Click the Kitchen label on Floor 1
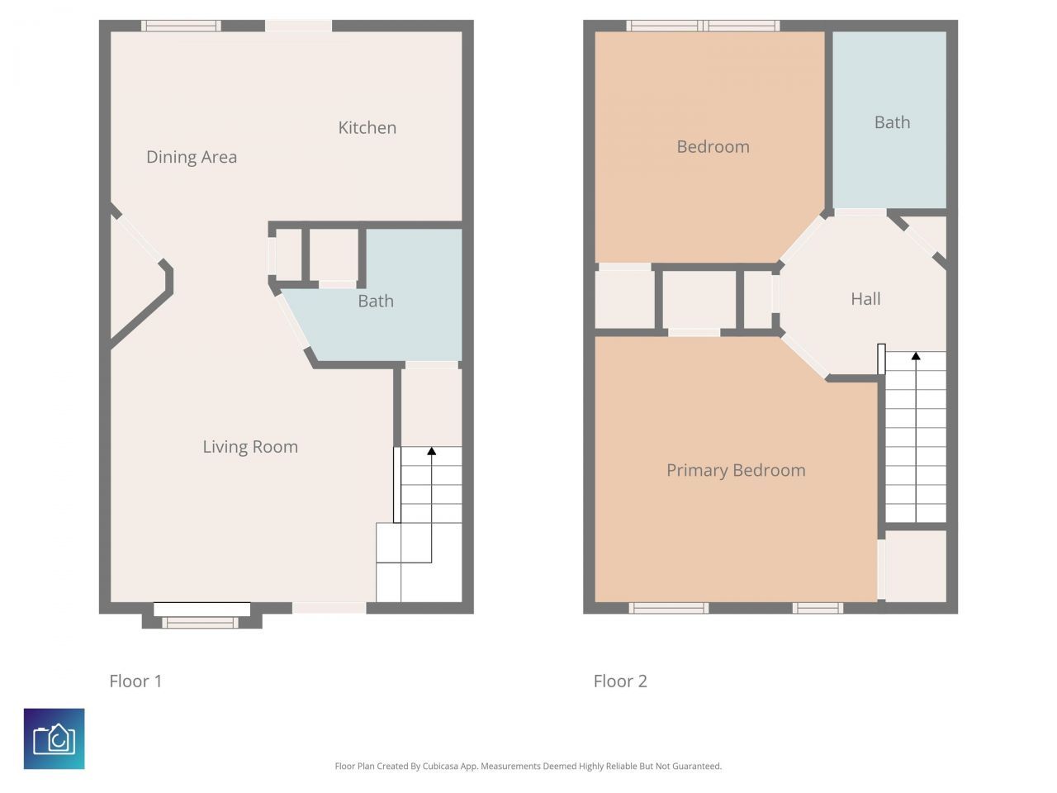coord(367,127)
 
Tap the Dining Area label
coord(192,157)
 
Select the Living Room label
coord(250,447)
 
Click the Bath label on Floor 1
coord(376,301)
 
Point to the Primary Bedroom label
coord(736,470)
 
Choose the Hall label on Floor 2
coord(865,299)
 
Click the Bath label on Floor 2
coord(893,122)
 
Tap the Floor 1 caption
coord(135,681)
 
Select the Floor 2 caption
coord(620,681)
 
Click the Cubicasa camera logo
coord(54,738)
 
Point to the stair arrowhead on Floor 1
coord(431,451)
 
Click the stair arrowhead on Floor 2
coord(916,356)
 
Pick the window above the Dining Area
coord(181,26)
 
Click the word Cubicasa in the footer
coord(440,766)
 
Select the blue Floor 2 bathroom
coord(889,120)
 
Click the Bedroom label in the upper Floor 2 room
coord(713,147)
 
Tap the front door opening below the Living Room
coord(329,608)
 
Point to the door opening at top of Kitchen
coord(299,26)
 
